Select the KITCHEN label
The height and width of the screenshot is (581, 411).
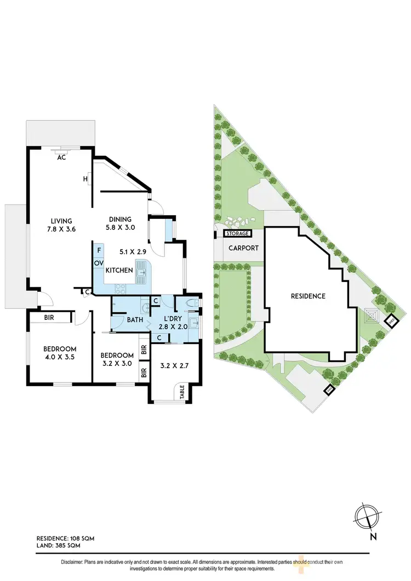tap(119, 270)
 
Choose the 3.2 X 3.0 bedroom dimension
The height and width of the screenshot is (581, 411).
tap(118, 363)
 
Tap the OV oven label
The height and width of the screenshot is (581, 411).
tap(99, 263)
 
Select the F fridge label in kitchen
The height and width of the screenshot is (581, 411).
tap(99, 251)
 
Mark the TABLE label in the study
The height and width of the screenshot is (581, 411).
tap(181, 393)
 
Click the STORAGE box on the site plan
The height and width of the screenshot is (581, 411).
tap(238, 234)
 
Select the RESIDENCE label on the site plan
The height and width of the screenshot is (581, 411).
tap(308, 296)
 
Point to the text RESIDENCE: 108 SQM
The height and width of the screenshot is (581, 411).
tap(65, 539)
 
